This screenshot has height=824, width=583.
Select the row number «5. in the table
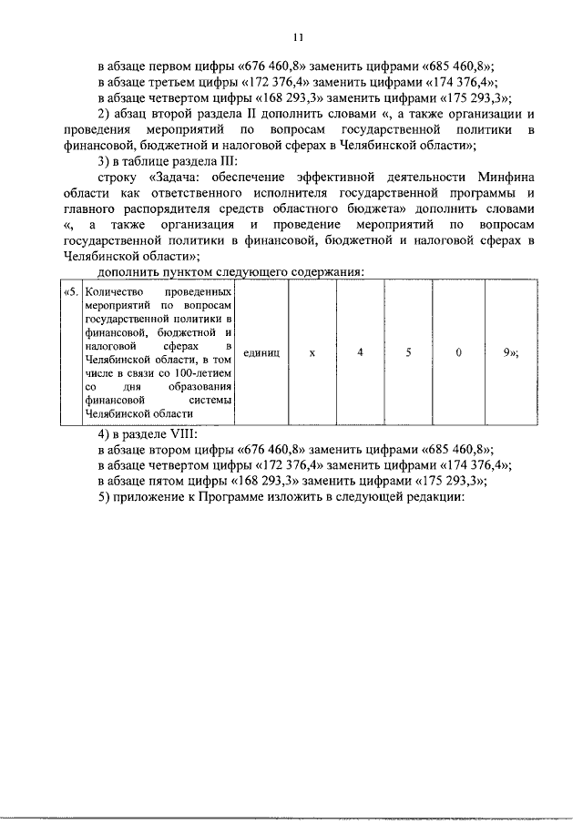tap(69, 292)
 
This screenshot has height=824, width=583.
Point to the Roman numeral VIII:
tap(183, 433)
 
